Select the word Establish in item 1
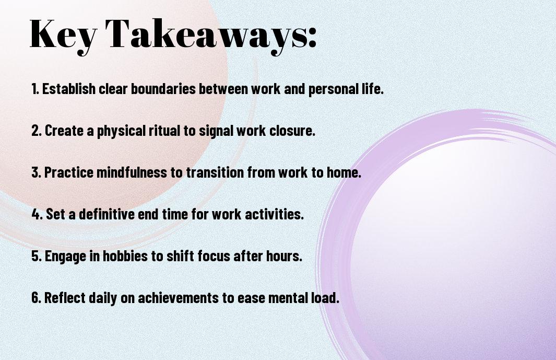click(69, 89)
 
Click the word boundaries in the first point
click(163, 89)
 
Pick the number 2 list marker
click(37, 131)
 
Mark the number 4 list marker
click(37, 214)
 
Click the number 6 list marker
click(37, 297)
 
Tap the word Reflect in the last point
click(65, 297)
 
